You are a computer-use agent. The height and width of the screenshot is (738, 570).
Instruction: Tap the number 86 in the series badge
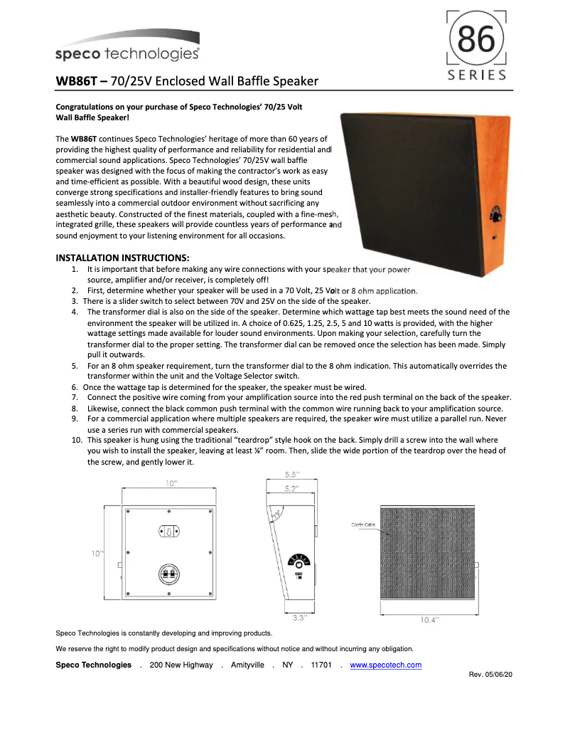pos(476,42)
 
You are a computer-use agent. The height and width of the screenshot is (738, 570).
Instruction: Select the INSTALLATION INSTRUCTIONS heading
pos(122,257)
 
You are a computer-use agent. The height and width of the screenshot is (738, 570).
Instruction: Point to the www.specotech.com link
pos(386,665)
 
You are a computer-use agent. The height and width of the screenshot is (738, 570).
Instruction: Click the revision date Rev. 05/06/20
pos(491,674)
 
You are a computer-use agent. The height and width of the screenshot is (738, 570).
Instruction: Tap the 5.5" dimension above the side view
pos(291,474)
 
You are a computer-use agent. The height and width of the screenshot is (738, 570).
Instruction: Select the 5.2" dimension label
pos(291,488)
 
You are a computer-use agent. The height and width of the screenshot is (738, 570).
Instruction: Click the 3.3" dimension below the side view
pos(299,618)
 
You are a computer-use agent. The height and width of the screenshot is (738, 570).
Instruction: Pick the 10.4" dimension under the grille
pos(429,619)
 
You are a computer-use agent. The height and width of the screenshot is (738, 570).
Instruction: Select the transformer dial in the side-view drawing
pos(300,561)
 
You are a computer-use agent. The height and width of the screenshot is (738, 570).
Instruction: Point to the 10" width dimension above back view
pos(171,483)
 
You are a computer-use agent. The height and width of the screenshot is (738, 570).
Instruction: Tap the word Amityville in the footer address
pos(247,665)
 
